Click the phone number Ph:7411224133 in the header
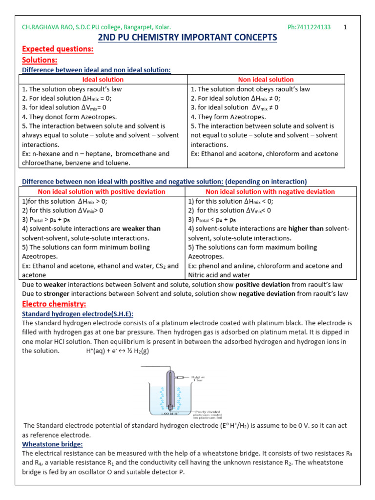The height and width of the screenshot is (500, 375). click(x=308, y=27)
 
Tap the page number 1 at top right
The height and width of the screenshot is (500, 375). click(x=346, y=27)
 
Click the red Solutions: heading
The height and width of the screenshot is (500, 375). click(x=40, y=60)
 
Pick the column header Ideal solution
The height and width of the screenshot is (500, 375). click(x=104, y=79)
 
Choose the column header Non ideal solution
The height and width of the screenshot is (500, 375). click(x=266, y=79)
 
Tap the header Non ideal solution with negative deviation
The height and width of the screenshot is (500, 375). click(x=270, y=191)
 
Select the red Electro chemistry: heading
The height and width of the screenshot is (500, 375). click(x=54, y=304)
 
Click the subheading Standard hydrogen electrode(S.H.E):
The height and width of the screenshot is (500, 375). click(x=78, y=313)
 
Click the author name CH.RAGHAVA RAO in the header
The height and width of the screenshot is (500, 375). click(x=47, y=27)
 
